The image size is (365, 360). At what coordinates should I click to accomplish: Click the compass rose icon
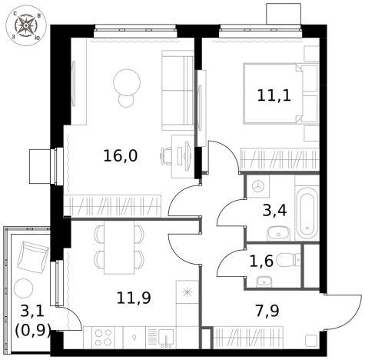pyautogui.click(x=26, y=25)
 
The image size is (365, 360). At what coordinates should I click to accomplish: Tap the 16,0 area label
pyautogui.click(x=121, y=156)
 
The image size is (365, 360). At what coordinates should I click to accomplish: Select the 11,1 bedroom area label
pyautogui.click(x=274, y=95)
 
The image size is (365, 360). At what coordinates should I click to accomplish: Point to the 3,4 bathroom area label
pyautogui.click(x=274, y=210)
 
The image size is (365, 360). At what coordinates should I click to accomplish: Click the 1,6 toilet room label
pyautogui.click(x=261, y=261)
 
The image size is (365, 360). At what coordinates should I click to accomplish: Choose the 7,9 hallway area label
pyautogui.click(x=267, y=311)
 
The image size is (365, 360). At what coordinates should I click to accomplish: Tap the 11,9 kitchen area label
pyautogui.click(x=134, y=298)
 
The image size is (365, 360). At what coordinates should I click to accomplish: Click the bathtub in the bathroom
pyautogui.click(x=307, y=212)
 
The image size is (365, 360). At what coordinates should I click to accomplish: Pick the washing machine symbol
pyautogui.click(x=258, y=186)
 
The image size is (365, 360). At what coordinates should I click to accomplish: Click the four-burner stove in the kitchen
pyautogui.click(x=104, y=338)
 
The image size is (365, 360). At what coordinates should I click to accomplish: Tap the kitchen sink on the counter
pyautogui.click(x=166, y=338)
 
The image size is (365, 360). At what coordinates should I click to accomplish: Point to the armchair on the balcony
pyautogui.click(x=33, y=258)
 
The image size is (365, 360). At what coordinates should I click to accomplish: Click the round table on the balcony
pyautogui.click(x=24, y=288)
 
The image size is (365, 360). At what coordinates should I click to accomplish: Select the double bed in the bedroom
pyautogui.click(x=280, y=93)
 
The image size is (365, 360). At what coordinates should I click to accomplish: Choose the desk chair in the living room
pyautogui.click(x=166, y=155)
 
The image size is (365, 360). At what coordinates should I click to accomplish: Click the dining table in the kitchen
pyautogui.click(x=119, y=248)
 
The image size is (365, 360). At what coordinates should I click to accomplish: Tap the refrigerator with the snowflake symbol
pyautogui.click(x=187, y=292)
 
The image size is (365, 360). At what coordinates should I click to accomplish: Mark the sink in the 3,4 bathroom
pyautogui.click(x=278, y=234)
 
